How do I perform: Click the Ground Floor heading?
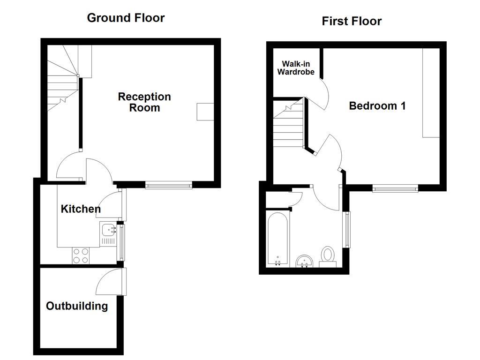pos(126,18)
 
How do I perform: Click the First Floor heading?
pos(352,21)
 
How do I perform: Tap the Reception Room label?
pos(144,102)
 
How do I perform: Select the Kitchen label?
pos(81,209)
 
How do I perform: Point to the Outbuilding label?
pos(77,306)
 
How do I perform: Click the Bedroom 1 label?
pos(377,106)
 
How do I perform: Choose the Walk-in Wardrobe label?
pos(296,68)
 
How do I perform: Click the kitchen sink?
pos(109,230)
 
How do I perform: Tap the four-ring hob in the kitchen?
pos(81,255)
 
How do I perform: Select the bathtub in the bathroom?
pos(278,239)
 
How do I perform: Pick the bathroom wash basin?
pos(305,261)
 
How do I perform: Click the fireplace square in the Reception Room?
pos(205,112)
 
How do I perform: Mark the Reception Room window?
pos(169,186)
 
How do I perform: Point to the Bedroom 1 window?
pos(395,189)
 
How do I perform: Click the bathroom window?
pos(347,230)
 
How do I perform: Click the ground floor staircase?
pos(62,80)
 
